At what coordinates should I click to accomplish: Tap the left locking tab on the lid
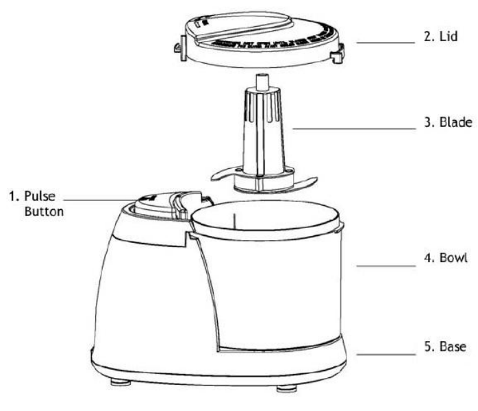(x=179, y=49)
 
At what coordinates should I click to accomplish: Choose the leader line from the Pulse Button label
(x=103, y=201)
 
